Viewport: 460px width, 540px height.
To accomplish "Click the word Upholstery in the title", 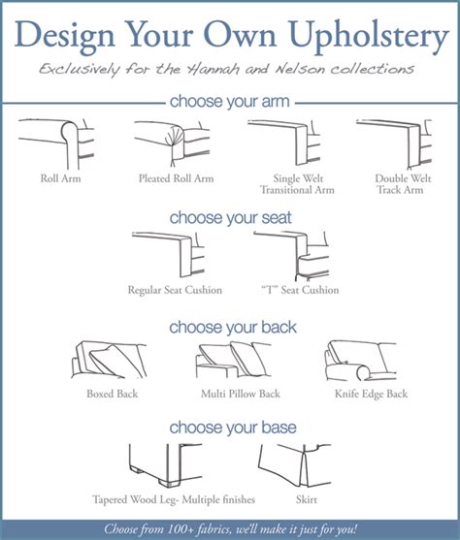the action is coord(369,36).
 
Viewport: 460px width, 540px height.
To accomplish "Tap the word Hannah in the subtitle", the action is coord(213,69).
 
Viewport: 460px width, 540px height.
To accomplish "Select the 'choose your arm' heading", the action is coord(230,102).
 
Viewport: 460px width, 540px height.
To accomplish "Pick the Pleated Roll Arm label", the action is coord(177,178).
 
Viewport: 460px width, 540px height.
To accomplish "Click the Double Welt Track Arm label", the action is coord(403,184).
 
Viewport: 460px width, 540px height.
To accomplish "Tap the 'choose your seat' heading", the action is coord(230,218).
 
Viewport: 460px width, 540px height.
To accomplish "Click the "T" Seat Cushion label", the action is coord(300,290).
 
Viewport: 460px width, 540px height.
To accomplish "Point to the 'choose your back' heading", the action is coord(233,327).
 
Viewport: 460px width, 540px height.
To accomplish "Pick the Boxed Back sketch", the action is coord(109,361).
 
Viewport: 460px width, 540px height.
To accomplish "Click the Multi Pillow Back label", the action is coord(241,394).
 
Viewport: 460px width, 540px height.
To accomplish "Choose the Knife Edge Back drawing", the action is coord(360,361).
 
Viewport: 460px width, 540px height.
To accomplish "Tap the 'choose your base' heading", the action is coord(233,428).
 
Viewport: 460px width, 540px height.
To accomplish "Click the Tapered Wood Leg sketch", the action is coord(166,464).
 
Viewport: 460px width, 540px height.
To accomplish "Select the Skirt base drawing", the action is coord(294,465).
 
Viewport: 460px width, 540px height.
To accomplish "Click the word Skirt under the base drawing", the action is coord(307,499).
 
